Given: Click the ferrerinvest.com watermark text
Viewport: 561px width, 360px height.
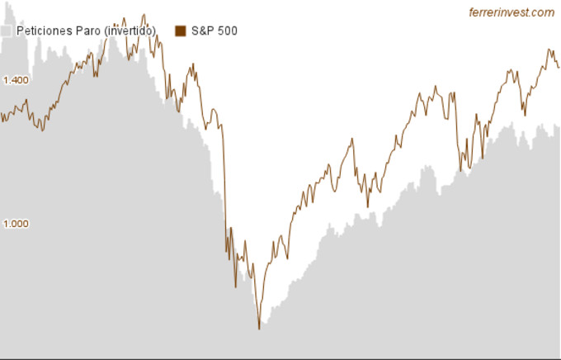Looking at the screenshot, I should (511, 12).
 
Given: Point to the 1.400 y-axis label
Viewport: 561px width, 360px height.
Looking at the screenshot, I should (16, 80).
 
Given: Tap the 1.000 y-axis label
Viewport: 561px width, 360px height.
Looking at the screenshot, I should (16, 224).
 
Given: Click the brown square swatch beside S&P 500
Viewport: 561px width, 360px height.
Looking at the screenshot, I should (181, 31).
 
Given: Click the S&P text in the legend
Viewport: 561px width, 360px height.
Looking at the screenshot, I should (203, 31).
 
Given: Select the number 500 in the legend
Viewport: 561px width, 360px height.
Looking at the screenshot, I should (228, 31).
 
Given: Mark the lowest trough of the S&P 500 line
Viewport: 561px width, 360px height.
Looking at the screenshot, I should (259, 329).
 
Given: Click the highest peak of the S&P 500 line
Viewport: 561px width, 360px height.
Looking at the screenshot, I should (144, 14).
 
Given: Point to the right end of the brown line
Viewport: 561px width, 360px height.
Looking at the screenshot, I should (559, 68).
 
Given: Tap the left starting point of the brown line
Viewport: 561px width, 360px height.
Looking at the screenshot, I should (2, 116).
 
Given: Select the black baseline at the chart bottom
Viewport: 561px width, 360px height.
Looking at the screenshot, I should (280, 358).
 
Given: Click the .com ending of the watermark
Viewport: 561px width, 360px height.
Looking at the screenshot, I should (542, 12).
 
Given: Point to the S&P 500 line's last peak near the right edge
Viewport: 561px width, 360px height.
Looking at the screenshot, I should (549, 50).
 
